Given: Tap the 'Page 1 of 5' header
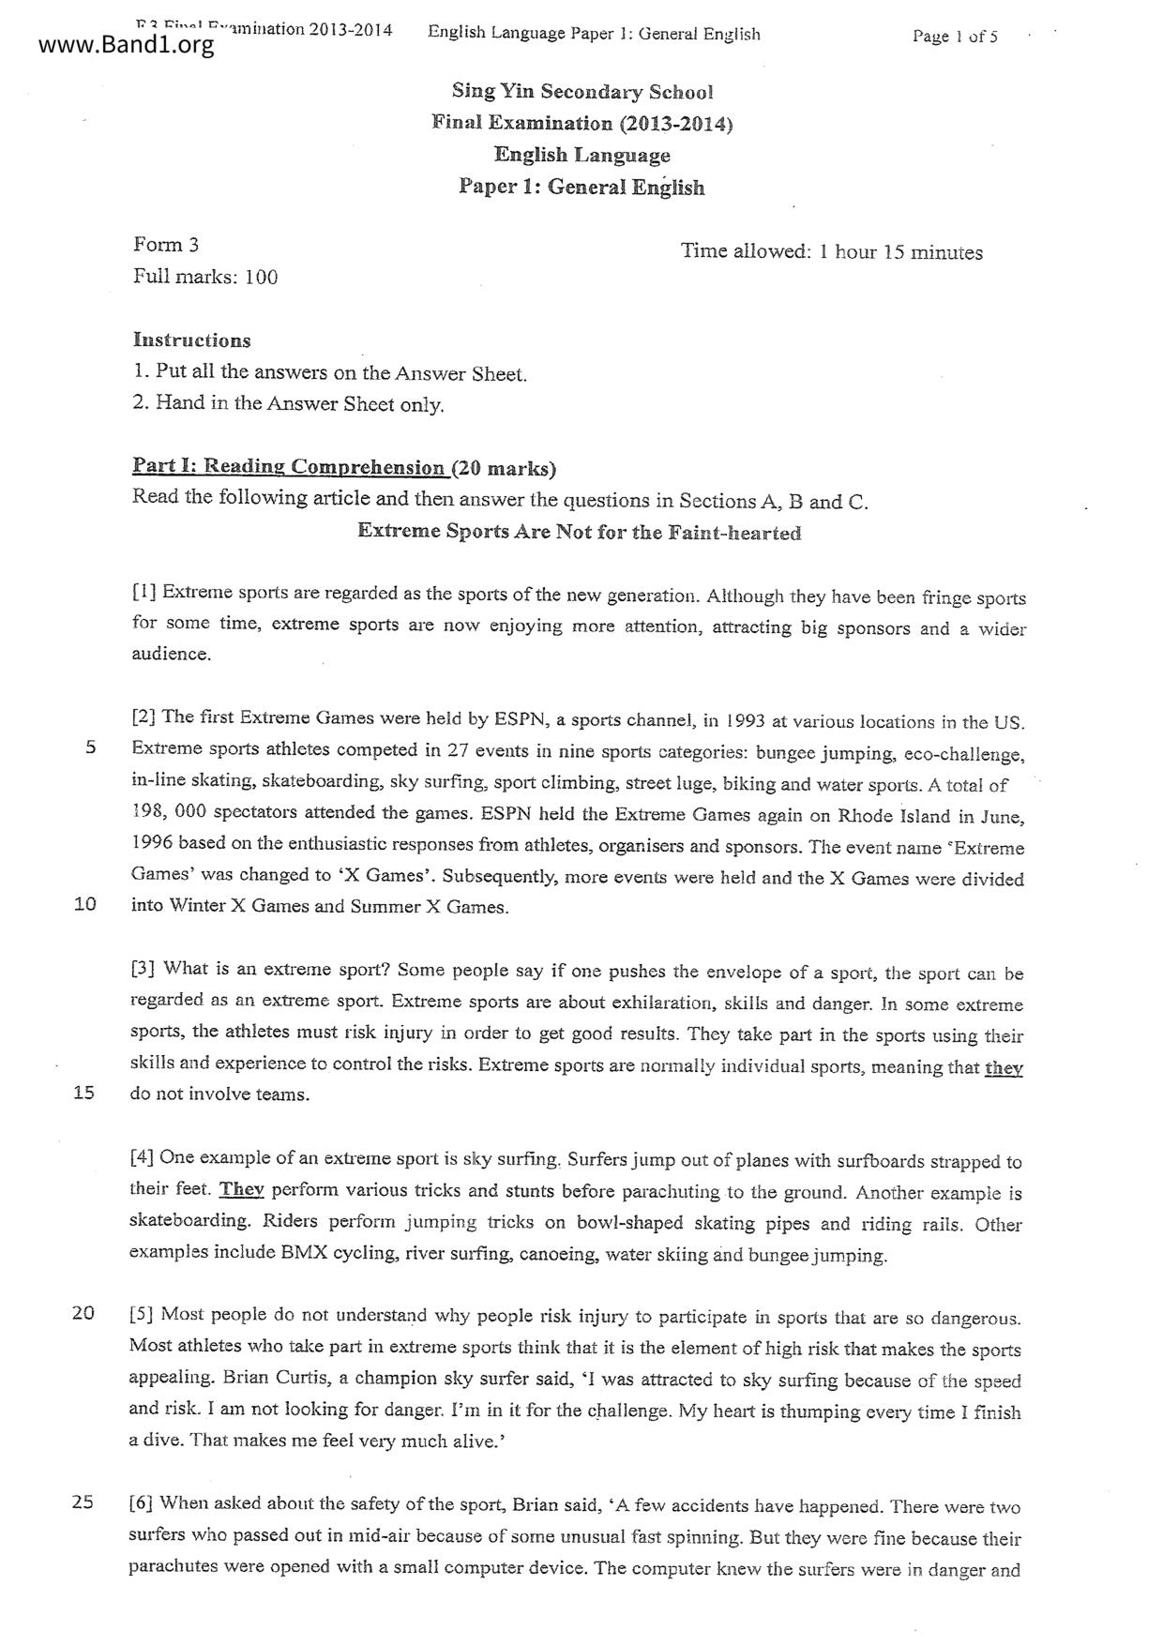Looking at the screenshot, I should click(954, 37).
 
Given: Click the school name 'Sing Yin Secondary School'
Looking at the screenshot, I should click(581, 92).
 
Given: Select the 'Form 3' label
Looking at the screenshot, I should click(166, 245).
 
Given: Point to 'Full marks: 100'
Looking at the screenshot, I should click(205, 277).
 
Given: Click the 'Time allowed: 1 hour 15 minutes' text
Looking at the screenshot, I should click(831, 252).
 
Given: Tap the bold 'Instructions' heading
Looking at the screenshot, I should click(191, 340).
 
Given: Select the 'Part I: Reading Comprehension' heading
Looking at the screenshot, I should click(289, 466).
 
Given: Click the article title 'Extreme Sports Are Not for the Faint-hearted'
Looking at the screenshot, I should click(579, 533).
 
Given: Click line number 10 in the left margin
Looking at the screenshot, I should click(84, 905).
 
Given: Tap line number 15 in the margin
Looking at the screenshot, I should click(83, 1093).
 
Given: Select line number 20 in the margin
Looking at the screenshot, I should click(83, 1313).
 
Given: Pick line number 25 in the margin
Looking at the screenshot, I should click(83, 1502).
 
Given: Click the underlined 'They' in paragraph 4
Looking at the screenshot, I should click(241, 1189).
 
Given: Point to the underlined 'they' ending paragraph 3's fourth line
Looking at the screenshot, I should click(1003, 1067).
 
